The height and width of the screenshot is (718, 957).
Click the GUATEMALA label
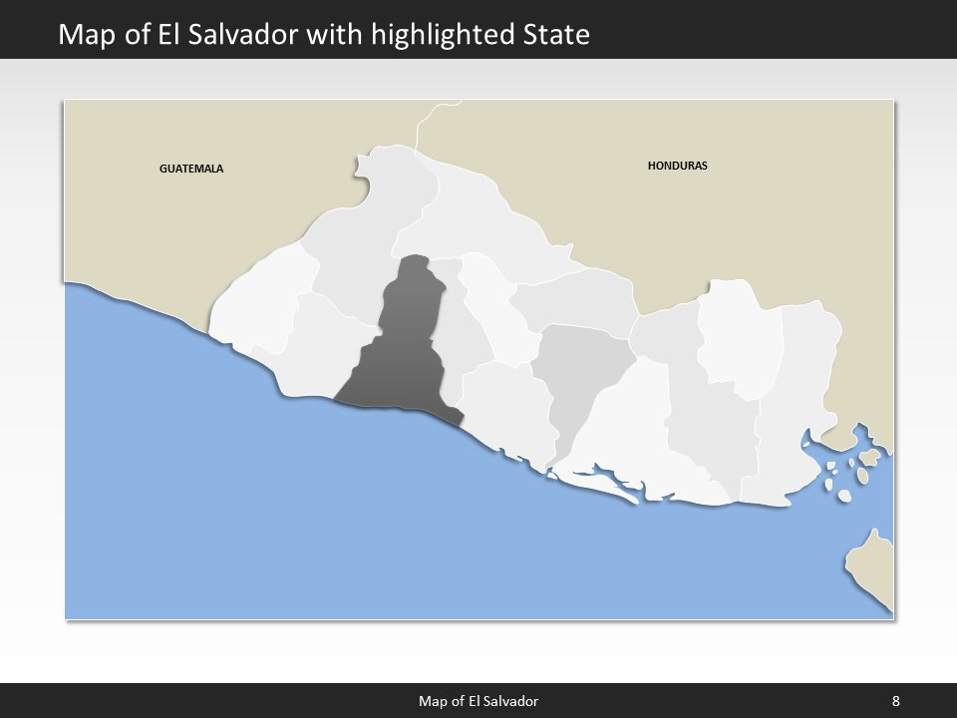(191, 169)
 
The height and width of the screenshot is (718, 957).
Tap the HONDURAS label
(677, 166)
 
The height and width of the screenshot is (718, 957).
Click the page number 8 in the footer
(896, 701)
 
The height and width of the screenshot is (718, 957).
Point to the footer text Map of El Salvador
(478, 701)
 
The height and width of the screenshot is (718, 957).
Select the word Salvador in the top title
(249, 35)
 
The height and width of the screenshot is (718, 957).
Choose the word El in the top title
(169, 35)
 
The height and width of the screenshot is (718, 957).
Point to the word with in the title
(344, 35)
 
